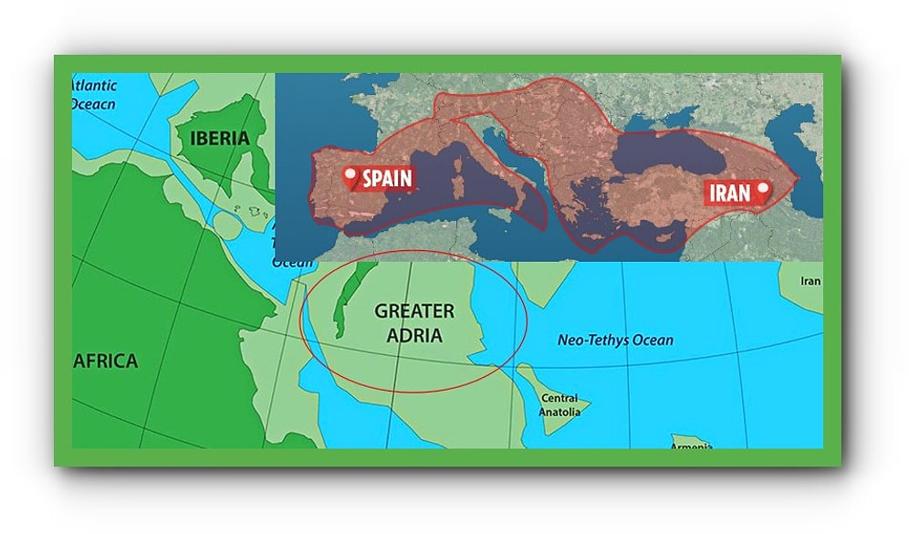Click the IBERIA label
pyautogui.click(x=219, y=138)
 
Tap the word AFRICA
pyautogui.click(x=105, y=361)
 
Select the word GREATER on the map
pyautogui.click(x=413, y=311)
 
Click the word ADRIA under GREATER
pyautogui.click(x=413, y=335)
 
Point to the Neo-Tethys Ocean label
pyautogui.click(x=615, y=340)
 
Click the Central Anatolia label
pyautogui.click(x=559, y=404)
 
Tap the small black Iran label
pyautogui.click(x=810, y=281)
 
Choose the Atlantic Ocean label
pyautogui.click(x=94, y=95)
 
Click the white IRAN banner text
pyautogui.click(x=728, y=193)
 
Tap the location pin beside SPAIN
pyautogui.click(x=350, y=177)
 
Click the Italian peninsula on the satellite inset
pyautogui.click(x=516, y=187)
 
